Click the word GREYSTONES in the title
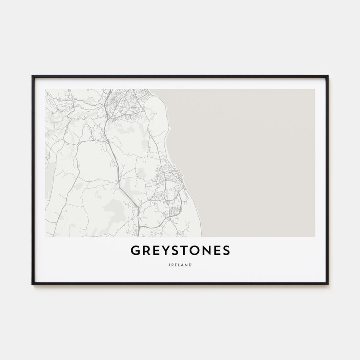[180, 250]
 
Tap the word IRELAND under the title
[180, 265]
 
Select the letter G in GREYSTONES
[135, 250]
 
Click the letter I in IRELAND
[169, 265]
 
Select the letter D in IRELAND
[190, 265]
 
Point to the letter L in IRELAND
[179, 265]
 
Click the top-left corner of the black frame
[32, 76]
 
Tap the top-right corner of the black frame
[328, 76]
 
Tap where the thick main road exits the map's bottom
[138, 236]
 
